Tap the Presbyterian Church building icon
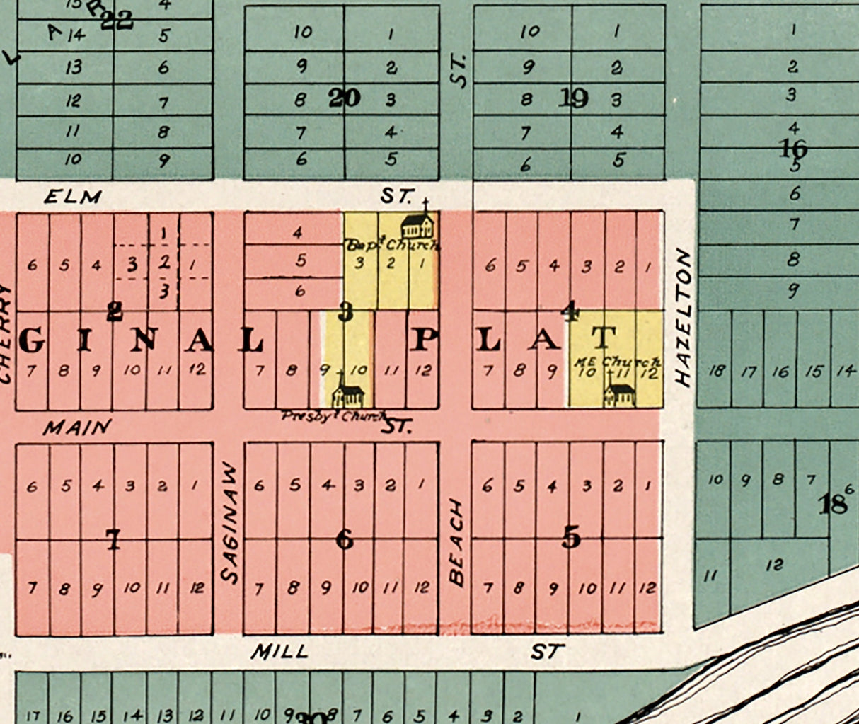coord(347,391)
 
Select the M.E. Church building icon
coord(620,392)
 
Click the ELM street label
coord(72,197)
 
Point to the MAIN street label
coord(77,427)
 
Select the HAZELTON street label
coord(682,317)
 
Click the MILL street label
coord(280,651)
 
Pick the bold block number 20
coord(345,98)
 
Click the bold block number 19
coord(573,98)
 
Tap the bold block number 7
coord(113,540)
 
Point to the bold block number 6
coord(345,540)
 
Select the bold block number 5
coord(571,539)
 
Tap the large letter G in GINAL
coord(32,341)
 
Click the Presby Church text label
coord(333,417)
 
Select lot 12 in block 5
coord(647,587)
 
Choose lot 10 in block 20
coord(303,32)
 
